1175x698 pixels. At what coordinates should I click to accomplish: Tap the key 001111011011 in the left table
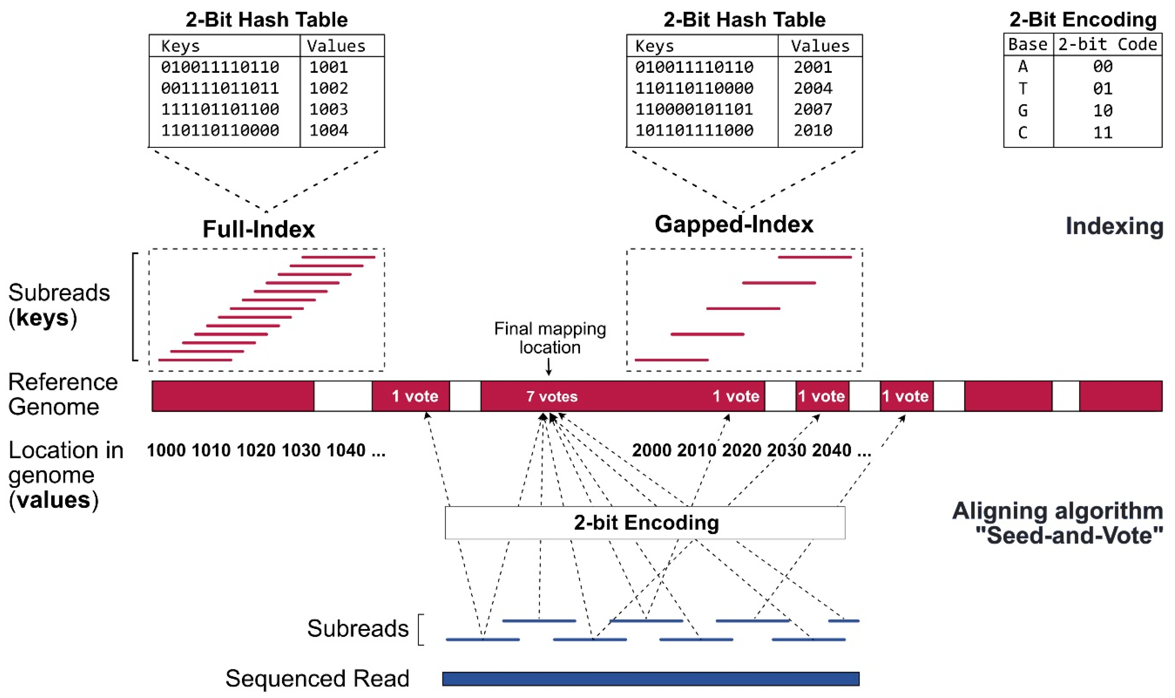coord(220,88)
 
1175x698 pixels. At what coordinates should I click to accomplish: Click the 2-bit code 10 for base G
coord(1102,110)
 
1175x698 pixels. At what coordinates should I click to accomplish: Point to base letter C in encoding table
coord(1023,133)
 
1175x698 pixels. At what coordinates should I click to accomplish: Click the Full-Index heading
coord(258,229)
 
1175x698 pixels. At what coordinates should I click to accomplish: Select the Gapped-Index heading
coord(734,224)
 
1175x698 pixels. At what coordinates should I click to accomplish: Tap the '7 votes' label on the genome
coord(552,397)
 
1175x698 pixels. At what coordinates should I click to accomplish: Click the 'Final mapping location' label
coord(550,338)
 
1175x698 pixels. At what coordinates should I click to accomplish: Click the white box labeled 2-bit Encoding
coord(644,523)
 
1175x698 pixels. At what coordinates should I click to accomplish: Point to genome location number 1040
coord(346,451)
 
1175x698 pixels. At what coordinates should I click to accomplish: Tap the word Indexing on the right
coord(1114,226)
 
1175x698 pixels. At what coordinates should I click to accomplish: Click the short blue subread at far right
coord(844,621)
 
